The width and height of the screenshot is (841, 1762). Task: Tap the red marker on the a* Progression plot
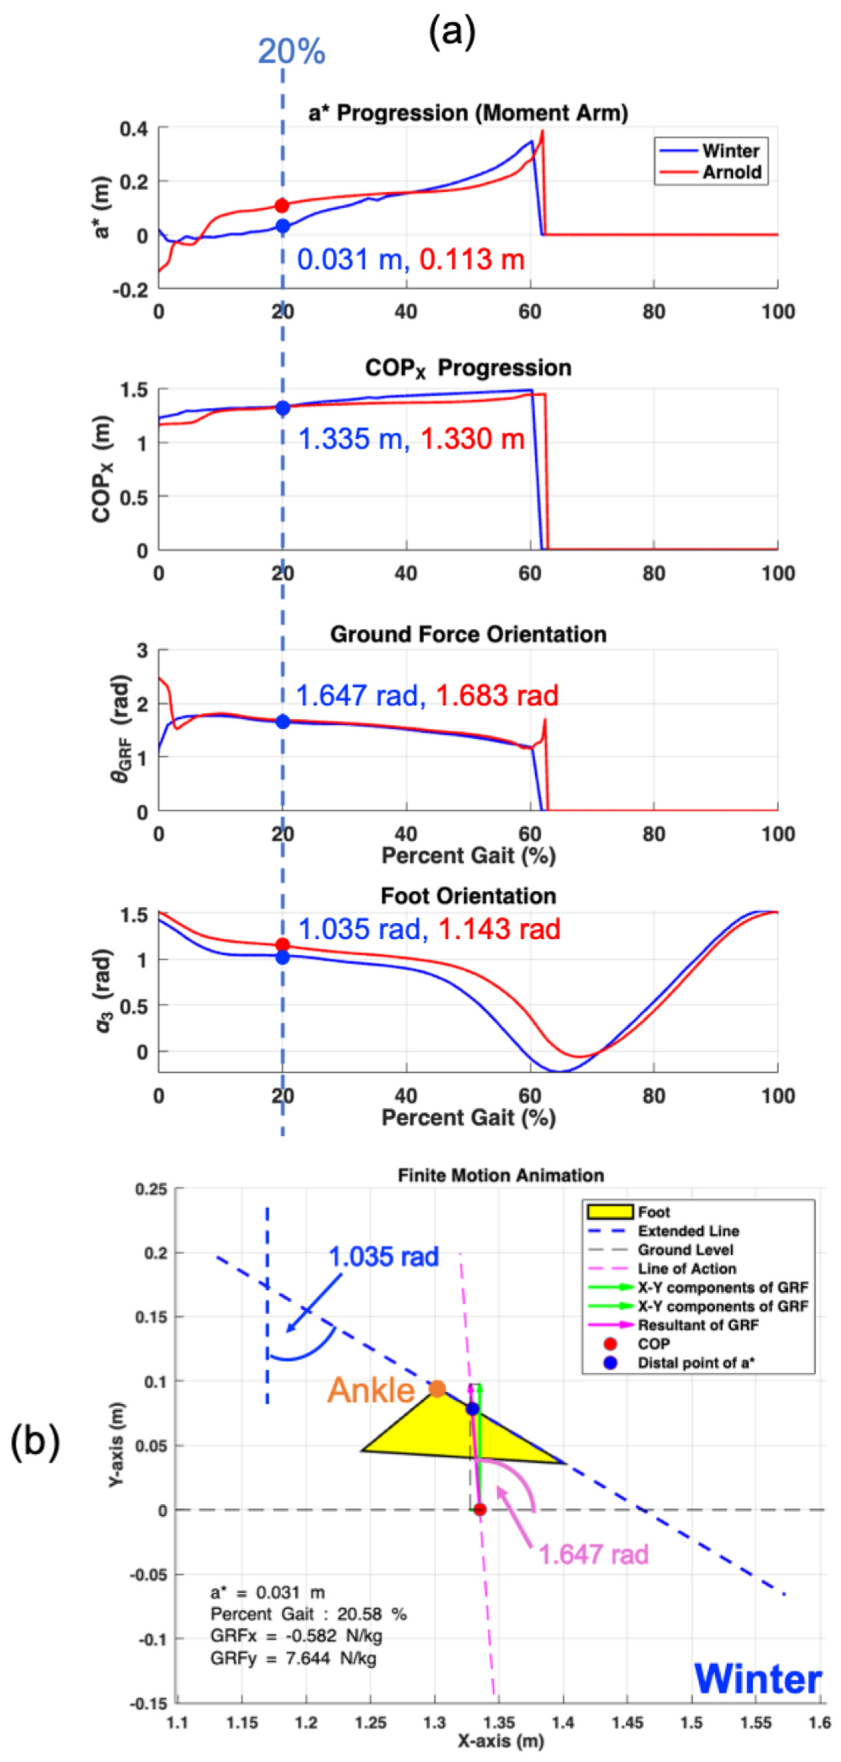281,205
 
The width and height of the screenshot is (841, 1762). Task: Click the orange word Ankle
371,1390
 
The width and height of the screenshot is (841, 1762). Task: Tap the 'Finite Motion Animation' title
501,1175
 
